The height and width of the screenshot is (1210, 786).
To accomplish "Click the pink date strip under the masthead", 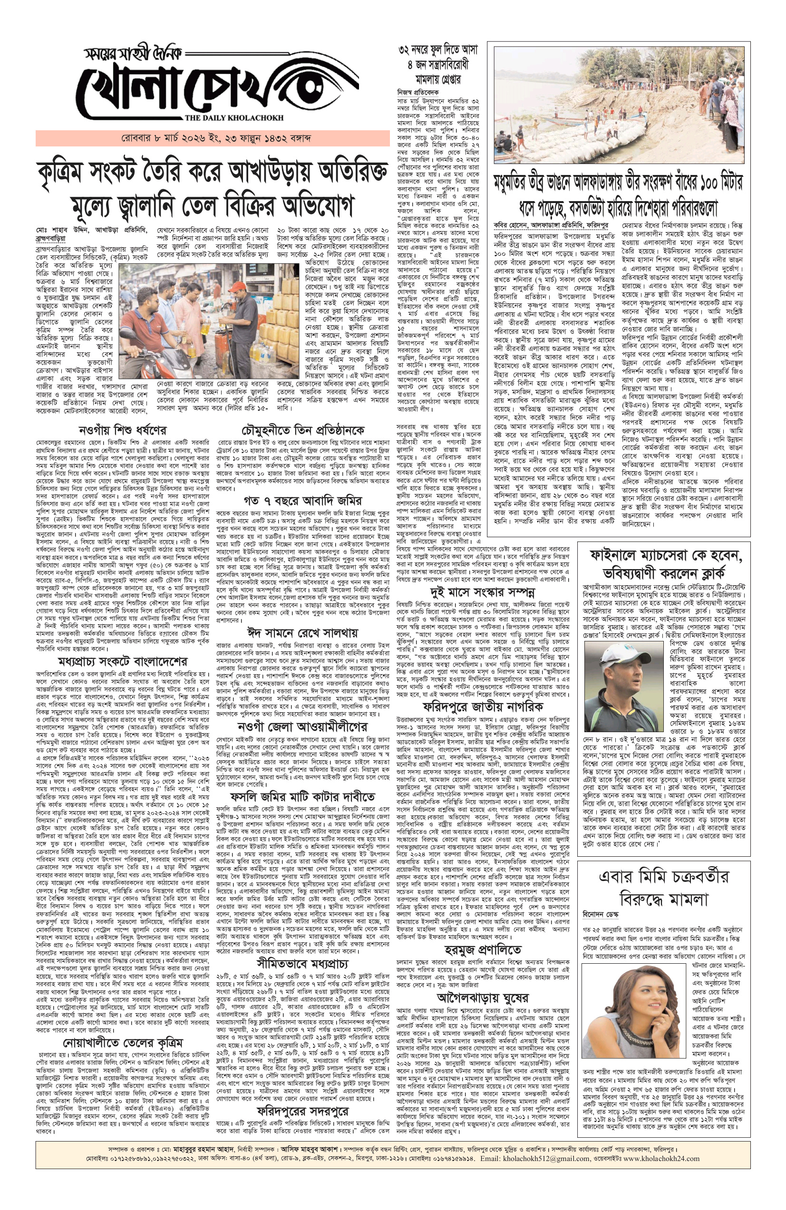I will (x=213, y=138).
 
